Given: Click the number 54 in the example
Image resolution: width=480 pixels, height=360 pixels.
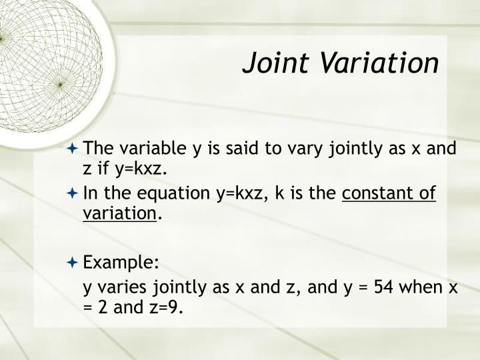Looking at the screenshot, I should point(377,287).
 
